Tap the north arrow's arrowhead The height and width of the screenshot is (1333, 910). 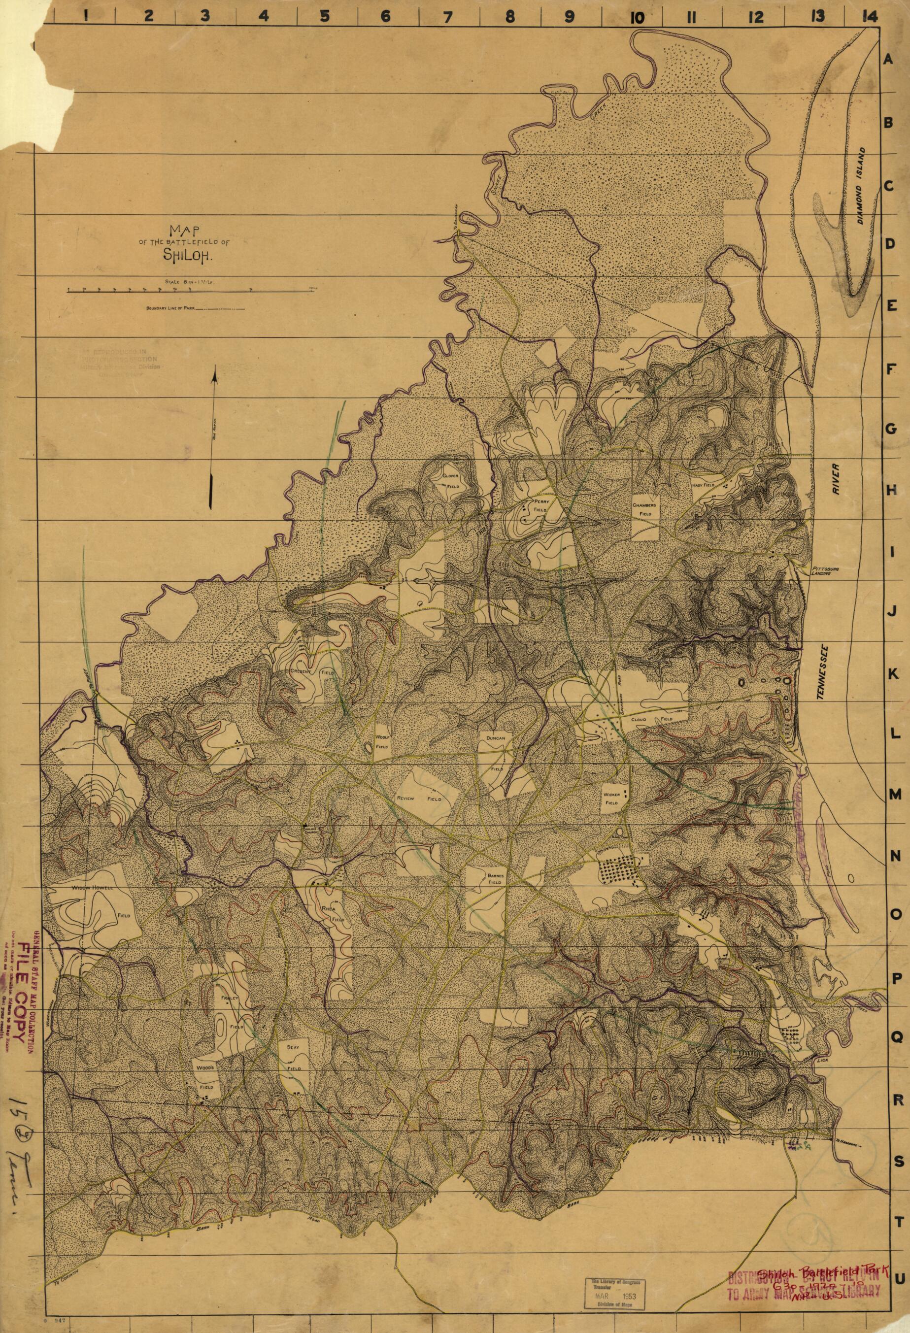(213, 376)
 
